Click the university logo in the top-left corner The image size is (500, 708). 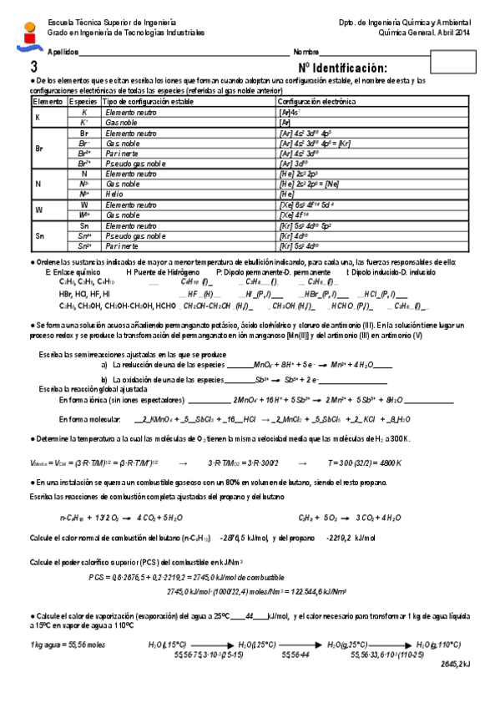pyautogui.click(x=28, y=31)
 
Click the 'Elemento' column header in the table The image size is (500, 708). pyautogui.click(x=47, y=101)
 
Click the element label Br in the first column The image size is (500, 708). pyautogui.click(x=38, y=148)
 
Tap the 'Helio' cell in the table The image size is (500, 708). pyautogui.click(x=116, y=193)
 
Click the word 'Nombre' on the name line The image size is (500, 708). pyautogui.click(x=306, y=52)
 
